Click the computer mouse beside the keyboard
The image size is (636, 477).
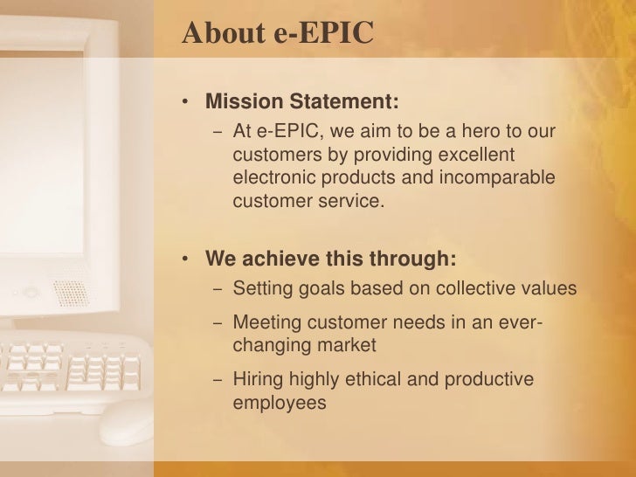(123, 425)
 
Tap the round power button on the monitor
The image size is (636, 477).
(30, 293)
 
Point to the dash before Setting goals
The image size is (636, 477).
(217, 290)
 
